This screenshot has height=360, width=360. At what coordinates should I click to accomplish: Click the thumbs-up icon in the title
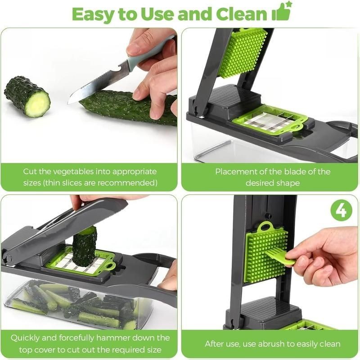click(x=282, y=12)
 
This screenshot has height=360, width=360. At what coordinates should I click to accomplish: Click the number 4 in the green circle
click(x=341, y=210)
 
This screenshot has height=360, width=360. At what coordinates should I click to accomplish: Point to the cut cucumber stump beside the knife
click(x=27, y=96)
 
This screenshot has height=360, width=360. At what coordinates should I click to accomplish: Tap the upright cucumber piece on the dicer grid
click(x=84, y=247)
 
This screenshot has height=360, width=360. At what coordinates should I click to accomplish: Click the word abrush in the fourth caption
click(x=270, y=344)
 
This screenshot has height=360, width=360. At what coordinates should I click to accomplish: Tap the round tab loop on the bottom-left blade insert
click(x=111, y=266)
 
